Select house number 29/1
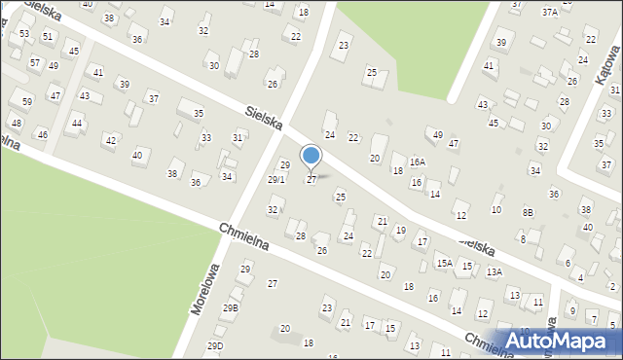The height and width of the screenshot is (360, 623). [276, 179]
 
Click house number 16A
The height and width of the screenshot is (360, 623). [418, 162]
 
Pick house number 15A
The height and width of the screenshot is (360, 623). [445, 263]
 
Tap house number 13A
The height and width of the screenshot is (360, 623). [495, 271]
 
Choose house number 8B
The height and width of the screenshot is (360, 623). [528, 212]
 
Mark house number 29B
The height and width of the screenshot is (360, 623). [230, 307]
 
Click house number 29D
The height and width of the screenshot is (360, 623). [215, 345]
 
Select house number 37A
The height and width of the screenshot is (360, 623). [550, 12]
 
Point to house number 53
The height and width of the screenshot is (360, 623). [24, 34]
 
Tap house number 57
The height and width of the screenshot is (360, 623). [34, 62]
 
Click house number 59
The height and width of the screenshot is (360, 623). [27, 101]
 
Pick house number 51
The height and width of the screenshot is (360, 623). [48, 36]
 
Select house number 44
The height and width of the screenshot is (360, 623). [77, 123]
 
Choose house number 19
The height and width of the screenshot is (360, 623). [400, 230]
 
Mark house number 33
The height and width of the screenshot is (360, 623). [205, 138]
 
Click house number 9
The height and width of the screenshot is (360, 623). [573, 310]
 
